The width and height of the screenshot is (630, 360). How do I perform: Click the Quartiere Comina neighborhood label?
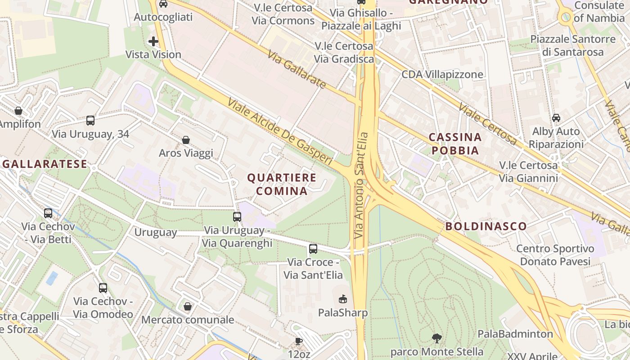282,184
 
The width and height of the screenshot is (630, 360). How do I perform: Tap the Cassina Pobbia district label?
455,144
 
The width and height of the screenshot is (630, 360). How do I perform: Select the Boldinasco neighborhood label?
486,226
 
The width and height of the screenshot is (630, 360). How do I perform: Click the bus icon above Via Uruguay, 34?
90,121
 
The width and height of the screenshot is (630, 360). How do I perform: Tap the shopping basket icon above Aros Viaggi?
186,140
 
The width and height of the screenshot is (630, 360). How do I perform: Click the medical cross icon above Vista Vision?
153,42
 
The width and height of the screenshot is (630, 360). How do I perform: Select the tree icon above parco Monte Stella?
436,338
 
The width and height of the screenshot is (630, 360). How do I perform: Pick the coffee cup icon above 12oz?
299,341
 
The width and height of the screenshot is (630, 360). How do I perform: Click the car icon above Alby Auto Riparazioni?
556,118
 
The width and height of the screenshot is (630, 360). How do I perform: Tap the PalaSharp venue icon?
343,299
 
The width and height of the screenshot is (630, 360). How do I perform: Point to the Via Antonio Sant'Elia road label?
361,185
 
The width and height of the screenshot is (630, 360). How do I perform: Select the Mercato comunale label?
188,320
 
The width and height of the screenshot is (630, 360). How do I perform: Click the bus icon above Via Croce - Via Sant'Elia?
313,248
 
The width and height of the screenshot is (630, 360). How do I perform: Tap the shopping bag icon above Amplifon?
18,111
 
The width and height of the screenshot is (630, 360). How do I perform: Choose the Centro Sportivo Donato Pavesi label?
555,255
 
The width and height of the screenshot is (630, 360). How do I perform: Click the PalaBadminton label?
515,334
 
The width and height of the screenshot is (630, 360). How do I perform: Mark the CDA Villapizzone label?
442,74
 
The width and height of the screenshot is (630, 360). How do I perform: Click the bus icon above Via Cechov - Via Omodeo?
103,288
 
